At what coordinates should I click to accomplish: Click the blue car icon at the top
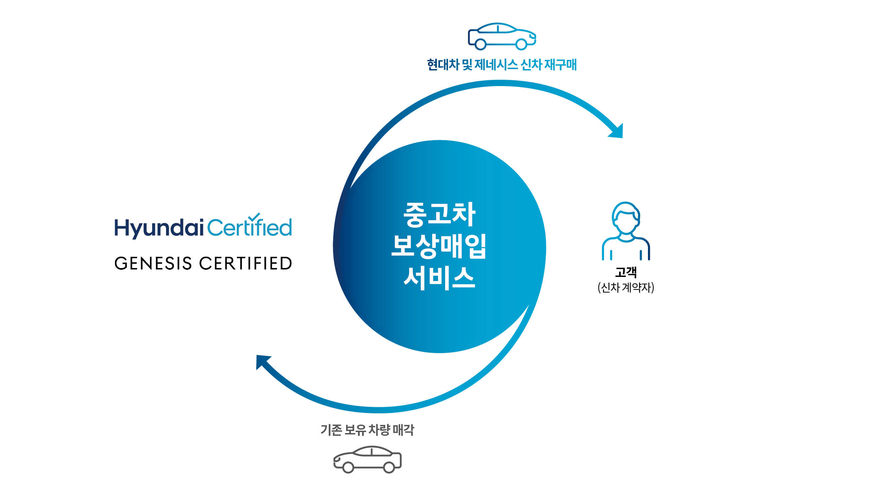coord(502,36)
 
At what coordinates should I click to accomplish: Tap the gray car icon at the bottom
coord(368,459)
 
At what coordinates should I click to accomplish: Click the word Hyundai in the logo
coord(159,228)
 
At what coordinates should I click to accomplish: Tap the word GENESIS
coord(153,264)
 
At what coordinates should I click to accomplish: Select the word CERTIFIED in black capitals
coord(245,264)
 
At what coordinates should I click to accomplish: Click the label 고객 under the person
coord(625,272)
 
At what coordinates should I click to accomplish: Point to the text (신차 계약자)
coord(625,287)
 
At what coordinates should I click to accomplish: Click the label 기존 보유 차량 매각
coord(367,430)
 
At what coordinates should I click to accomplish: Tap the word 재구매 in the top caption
coord(560,65)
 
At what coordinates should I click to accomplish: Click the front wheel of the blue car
coord(521,44)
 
